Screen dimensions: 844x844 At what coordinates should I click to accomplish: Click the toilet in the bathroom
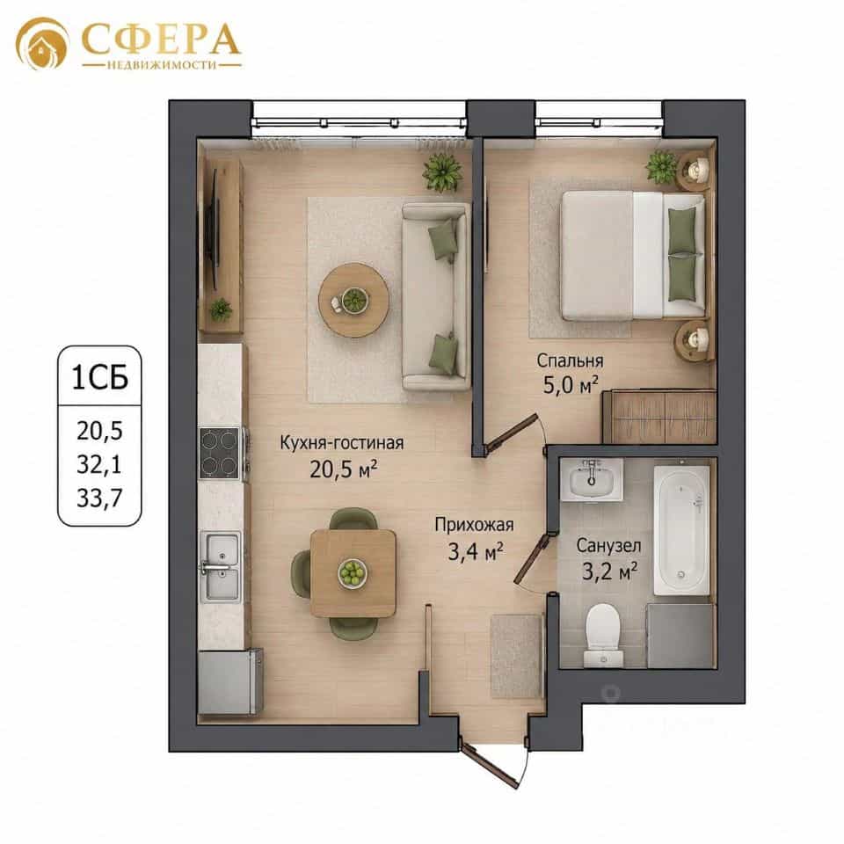coord(603,635)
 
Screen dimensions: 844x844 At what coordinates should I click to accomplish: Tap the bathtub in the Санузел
coord(681,530)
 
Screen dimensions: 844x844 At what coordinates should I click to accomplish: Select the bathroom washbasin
coord(592,478)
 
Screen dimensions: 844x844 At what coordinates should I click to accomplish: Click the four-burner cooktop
coord(220,453)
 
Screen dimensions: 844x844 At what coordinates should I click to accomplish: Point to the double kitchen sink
coord(221,566)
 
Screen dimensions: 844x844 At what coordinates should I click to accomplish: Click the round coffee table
coord(353,301)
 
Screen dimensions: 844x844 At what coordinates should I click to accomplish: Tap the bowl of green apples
coord(353,572)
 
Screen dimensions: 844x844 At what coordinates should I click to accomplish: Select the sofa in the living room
coord(436,296)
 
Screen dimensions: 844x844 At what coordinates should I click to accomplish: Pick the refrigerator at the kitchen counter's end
coord(230,681)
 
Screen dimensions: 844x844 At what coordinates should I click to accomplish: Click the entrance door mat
coord(515,656)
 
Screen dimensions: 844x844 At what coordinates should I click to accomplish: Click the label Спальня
coord(570,360)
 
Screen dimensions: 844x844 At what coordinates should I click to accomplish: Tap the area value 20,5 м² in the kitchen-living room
coord(343,469)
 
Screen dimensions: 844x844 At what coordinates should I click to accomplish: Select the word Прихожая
coord(474,524)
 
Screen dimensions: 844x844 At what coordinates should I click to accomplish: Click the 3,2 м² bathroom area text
coord(610,571)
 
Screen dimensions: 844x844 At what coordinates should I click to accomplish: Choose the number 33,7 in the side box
coord(99,498)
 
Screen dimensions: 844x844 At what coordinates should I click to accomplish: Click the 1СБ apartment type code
coord(99,377)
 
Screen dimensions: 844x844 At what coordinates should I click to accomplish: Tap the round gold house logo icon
coord(42,44)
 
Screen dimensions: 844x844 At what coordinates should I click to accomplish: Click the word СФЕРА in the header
coord(160,39)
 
